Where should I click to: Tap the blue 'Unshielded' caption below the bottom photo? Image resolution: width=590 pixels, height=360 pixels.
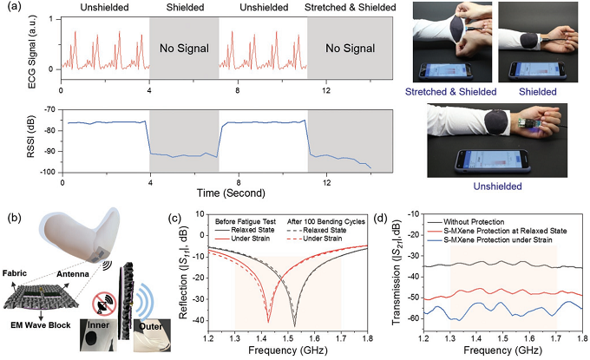click(x=497, y=186)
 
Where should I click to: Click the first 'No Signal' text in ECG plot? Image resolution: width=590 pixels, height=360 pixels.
click(x=182, y=49)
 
